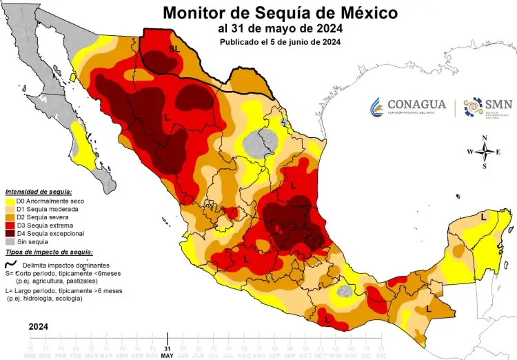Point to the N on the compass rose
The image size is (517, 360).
pyautogui.click(x=485, y=138)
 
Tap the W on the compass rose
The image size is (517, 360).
pyautogui.click(x=469, y=152)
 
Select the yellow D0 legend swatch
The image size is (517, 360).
pyautogui.click(x=10, y=201)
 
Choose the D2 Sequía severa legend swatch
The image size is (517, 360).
pyautogui.click(x=10, y=217)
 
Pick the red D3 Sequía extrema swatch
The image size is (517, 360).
pyautogui.click(x=10, y=226)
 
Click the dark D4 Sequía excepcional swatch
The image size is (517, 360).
pyautogui.click(x=10, y=234)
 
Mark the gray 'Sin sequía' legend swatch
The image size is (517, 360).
pyautogui.click(x=10, y=242)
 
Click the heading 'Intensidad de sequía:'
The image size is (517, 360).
pyautogui.click(x=38, y=191)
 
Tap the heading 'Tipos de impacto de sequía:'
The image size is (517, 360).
pyautogui.click(x=48, y=252)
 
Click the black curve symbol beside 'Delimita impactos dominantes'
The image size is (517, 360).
pyautogui.click(x=10, y=265)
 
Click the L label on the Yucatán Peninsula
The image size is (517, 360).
pyautogui.click(x=483, y=217)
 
